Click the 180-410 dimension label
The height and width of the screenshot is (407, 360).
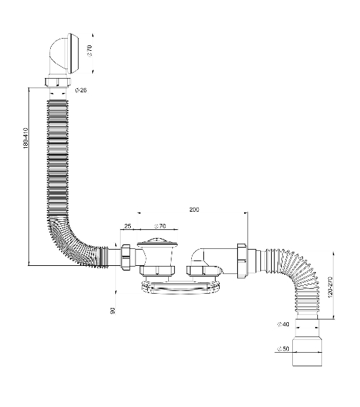point(25,138)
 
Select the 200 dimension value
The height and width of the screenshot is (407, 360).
point(194,210)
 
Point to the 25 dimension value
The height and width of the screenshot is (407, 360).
point(127,226)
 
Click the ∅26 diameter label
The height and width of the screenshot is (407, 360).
point(81,90)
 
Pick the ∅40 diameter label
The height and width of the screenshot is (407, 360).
point(283,324)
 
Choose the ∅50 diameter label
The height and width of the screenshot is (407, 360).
point(283,349)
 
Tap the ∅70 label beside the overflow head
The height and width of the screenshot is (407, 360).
point(89,50)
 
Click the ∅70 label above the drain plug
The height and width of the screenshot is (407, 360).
point(160,226)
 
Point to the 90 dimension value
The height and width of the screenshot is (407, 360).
point(113,311)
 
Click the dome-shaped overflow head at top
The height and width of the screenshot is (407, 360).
point(64,54)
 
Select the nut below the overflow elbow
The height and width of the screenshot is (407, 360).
point(58,82)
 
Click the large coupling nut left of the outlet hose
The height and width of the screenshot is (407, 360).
point(243,261)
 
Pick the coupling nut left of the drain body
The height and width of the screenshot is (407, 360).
point(127,258)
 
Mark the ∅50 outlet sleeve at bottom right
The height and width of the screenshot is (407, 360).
point(307,351)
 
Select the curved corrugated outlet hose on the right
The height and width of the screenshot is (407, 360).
point(301,277)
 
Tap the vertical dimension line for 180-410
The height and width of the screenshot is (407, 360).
point(28,176)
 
